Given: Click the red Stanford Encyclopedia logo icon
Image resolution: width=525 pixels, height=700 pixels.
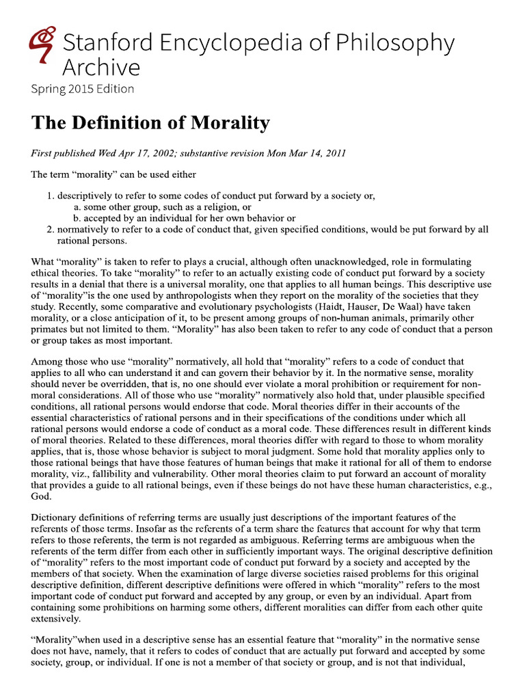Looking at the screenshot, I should click(x=43, y=42).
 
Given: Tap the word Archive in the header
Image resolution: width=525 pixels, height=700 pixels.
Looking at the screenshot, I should click(x=101, y=67).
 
